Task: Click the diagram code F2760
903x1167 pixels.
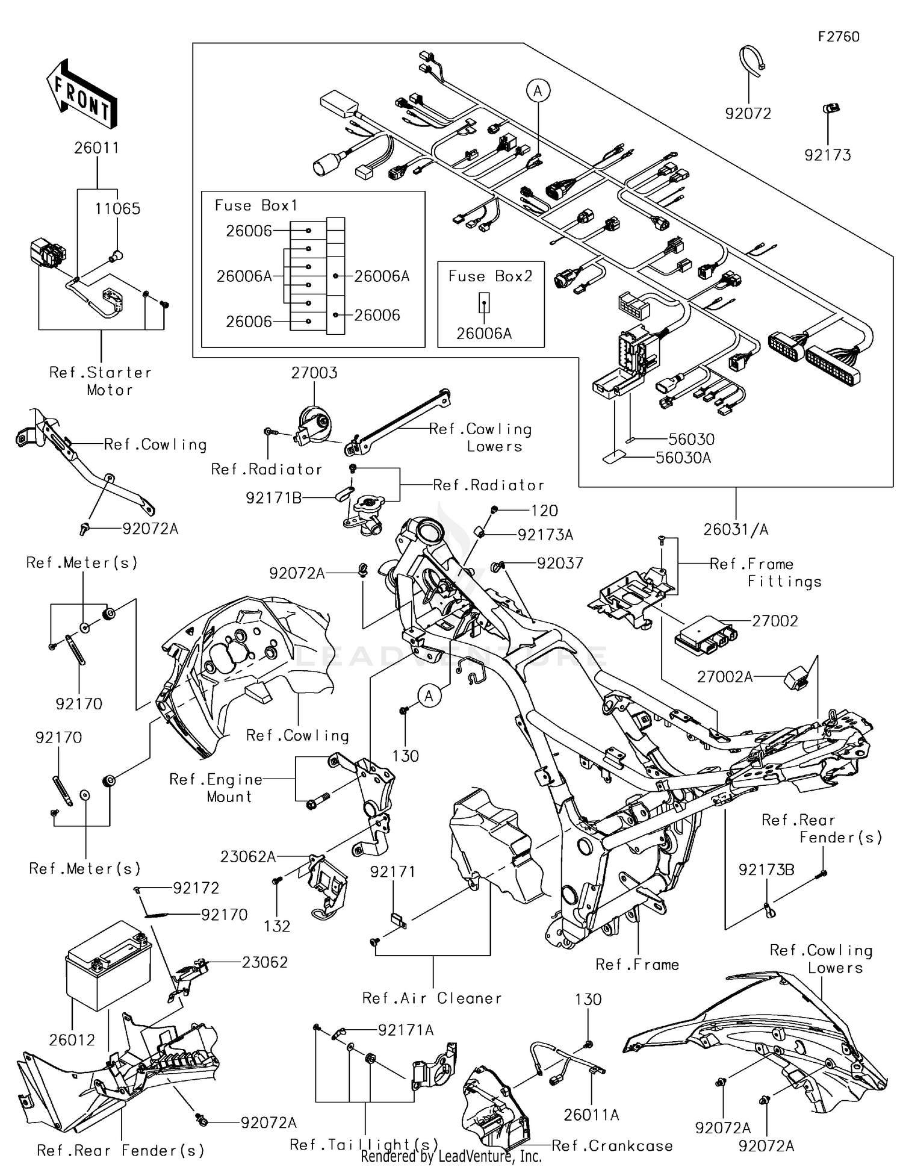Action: pyautogui.click(x=838, y=37)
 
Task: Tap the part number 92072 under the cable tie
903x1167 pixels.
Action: pyautogui.click(x=748, y=113)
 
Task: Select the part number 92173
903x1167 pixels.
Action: pyautogui.click(x=828, y=155)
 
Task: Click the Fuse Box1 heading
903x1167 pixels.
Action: pyautogui.click(x=256, y=206)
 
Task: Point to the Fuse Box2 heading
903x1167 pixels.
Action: pyautogui.click(x=490, y=276)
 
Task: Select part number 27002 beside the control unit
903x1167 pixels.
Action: pyautogui.click(x=775, y=621)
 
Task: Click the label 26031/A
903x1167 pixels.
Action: pyautogui.click(x=736, y=529)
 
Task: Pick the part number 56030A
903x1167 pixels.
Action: pyautogui.click(x=683, y=458)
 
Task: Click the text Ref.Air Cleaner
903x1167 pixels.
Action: pyautogui.click(x=432, y=998)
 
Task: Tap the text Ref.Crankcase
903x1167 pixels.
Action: pyautogui.click(x=612, y=1146)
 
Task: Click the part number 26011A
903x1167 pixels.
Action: pyautogui.click(x=591, y=1115)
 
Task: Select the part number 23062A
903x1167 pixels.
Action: pyautogui.click(x=247, y=856)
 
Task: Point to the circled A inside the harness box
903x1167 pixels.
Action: pyautogui.click(x=538, y=91)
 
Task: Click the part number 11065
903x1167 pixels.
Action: pyautogui.click(x=117, y=209)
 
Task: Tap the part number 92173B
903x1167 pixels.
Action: pyautogui.click(x=766, y=870)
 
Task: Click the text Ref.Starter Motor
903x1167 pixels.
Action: pyautogui.click(x=101, y=381)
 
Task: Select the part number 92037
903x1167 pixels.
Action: pyautogui.click(x=560, y=563)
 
